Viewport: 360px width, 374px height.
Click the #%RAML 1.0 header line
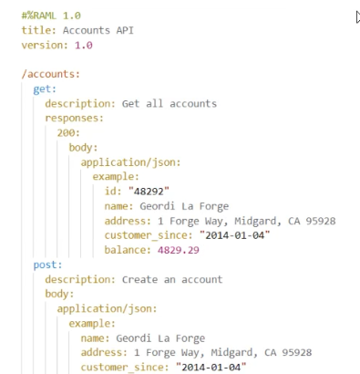pos(51,16)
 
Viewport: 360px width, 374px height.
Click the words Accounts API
pos(98,30)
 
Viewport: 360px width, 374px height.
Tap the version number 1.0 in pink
pos(84,46)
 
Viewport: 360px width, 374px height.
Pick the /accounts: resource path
pos(51,74)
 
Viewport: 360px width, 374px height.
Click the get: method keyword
pos(45,89)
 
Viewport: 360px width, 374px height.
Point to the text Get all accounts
pos(170,104)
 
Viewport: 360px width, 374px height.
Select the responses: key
pos(75,119)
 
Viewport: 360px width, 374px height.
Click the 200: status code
pos(68,133)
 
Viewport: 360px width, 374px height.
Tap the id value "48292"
pos(149,192)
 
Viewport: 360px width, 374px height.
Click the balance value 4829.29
pos(179,250)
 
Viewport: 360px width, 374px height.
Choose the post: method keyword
pos(47,265)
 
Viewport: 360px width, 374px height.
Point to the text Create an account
pos(172,279)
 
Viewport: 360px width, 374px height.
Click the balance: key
pos(128,250)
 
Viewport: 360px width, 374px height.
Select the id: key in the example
pos(113,192)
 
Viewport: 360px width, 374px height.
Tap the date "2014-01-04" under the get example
pos(234,235)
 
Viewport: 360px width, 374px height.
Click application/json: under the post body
pos(107,309)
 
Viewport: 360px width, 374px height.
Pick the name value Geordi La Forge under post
pos(160,338)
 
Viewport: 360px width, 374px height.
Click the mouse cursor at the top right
pos(358,17)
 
